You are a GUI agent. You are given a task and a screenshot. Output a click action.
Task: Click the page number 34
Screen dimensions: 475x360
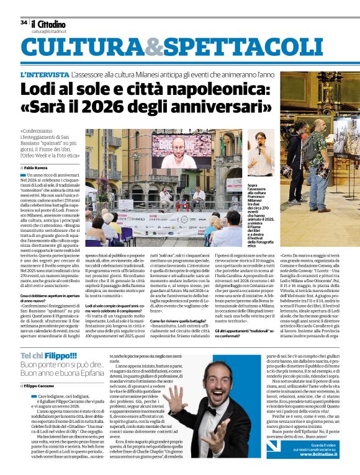click(x=24, y=22)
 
